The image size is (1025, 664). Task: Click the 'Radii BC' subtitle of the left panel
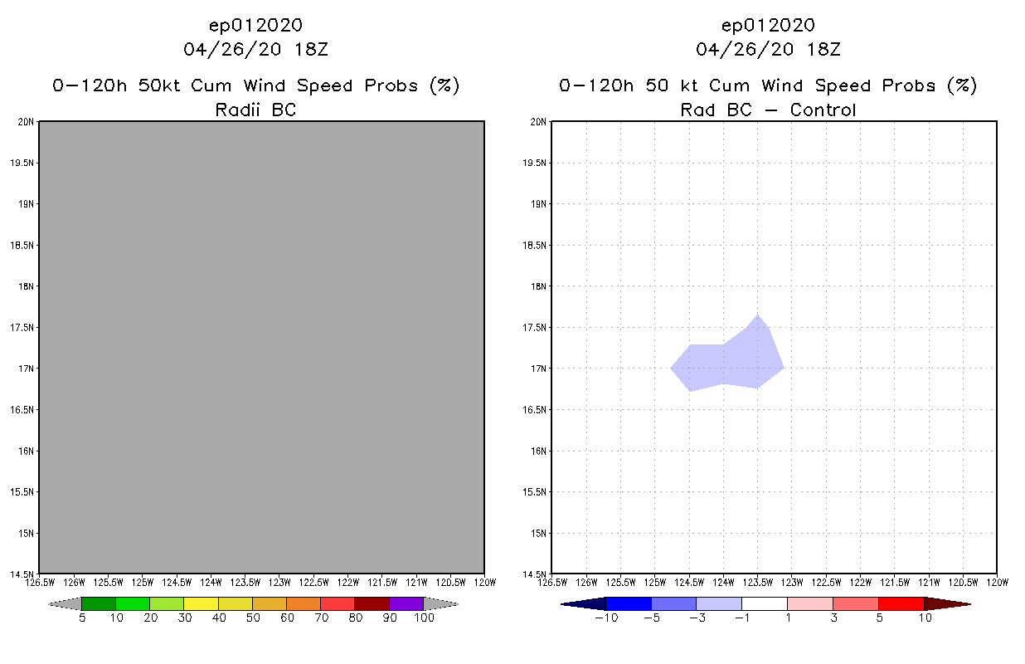pyautogui.click(x=255, y=110)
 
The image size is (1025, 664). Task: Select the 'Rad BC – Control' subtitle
pyautogui.click(x=768, y=110)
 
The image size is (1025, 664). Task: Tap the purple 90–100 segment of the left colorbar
pyautogui.click(x=406, y=603)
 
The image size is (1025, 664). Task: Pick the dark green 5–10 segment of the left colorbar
pyautogui.click(x=99, y=603)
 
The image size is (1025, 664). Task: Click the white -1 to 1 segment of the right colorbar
pyautogui.click(x=764, y=603)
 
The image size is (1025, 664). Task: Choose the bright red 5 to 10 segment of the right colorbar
pyautogui.click(x=900, y=603)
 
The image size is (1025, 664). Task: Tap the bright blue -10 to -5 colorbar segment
pyautogui.click(x=629, y=603)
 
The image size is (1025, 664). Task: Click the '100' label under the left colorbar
pyautogui.click(x=424, y=618)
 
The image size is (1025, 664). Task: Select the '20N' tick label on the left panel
pyautogui.click(x=26, y=122)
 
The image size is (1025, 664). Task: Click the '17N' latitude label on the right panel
pyautogui.click(x=538, y=369)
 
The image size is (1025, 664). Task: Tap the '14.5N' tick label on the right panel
pyautogui.click(x=536, y=574)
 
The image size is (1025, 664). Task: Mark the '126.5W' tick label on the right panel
pyautogui.click(x=552, y=582)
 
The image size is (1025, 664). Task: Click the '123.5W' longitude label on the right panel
pyautogui.click(x=757, y=582)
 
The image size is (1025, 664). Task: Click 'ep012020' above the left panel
pyautogui.click(x=255, y=25)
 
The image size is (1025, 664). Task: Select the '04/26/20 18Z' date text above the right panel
pyautogui.click(x=768, y=49)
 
